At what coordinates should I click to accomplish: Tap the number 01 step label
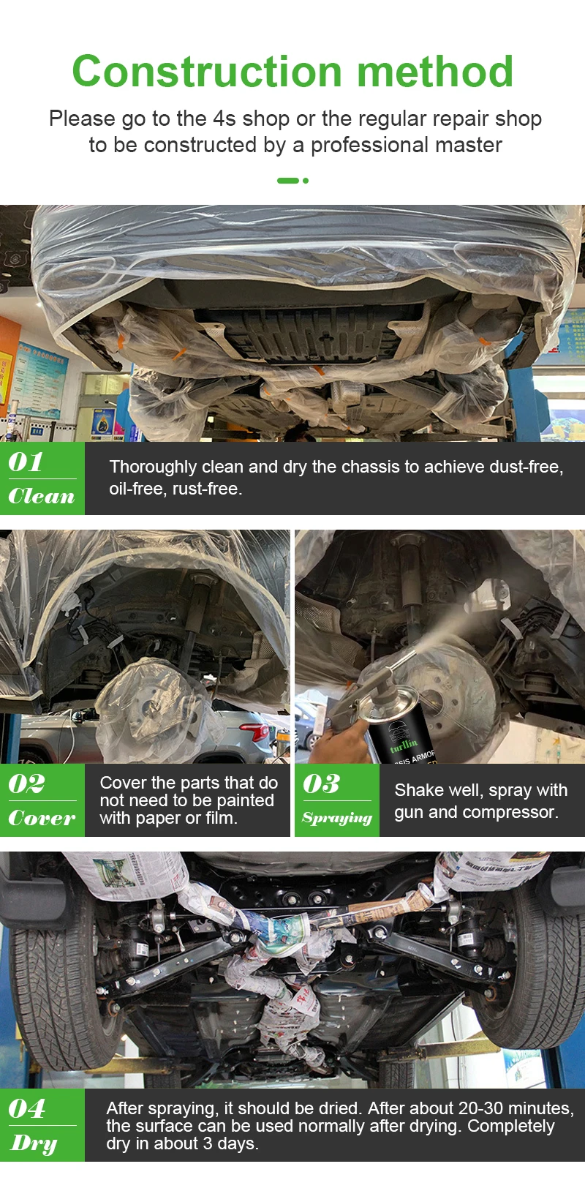coord(26,462)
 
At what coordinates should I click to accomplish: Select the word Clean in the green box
coord(42,496)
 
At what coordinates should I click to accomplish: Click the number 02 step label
coord(27,784)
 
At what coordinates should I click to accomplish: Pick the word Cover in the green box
coord(42,818)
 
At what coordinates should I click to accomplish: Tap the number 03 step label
coord(322,784)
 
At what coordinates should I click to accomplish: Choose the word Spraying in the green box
coord(337,818)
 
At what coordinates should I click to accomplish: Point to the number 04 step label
coord(27,1108)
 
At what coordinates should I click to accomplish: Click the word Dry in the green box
coord(34,1143)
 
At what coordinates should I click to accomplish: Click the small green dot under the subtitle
coord(306,181)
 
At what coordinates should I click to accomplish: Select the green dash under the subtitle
coord(287,181)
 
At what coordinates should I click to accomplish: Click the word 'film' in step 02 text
coord(219,818)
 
